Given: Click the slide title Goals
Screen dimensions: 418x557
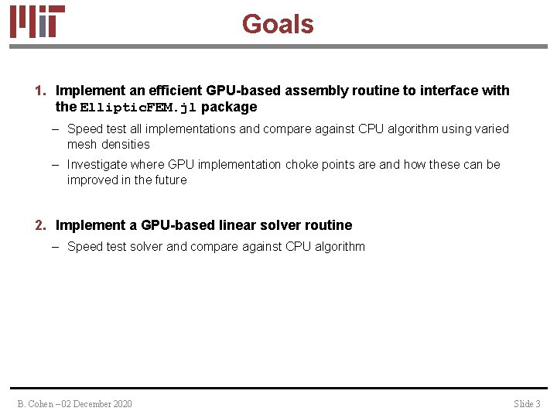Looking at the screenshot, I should (x=278, y=24).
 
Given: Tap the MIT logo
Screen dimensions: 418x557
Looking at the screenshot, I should (x=37, y=22).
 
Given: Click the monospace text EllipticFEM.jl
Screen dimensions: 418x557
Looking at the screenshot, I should (x=138, y=108).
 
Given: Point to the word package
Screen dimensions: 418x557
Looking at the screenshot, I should (x=229, y=107).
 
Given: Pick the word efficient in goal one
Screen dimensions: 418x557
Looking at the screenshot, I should (x=176, y=91).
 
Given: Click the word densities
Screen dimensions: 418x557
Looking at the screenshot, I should (x=125, y=145).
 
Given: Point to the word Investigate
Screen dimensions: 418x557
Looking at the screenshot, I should (x=98, y=165).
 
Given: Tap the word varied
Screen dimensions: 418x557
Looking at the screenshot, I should (x=491, y=129).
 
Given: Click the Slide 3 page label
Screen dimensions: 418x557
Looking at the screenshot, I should (x=527, y=403).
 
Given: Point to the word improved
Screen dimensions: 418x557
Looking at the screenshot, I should (x=92, y=180).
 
